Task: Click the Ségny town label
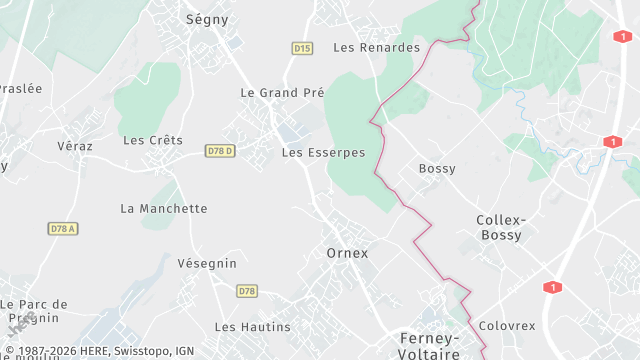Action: (208, 19)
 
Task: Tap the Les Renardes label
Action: (376, 47)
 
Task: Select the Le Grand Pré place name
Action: (282, 92)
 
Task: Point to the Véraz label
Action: (75, 146)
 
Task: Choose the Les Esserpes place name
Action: (323, 153)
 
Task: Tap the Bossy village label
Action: (437, 168)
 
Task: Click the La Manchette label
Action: (163, 209)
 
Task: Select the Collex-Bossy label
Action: (500, 227)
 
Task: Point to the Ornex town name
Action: (347, 253)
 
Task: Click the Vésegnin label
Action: (206, 263)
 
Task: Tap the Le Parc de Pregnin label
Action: (34, 311)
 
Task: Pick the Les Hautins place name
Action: (252, 327)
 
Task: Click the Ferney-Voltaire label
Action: (428, 345)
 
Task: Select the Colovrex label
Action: (507, 326)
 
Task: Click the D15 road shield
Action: (302, 48)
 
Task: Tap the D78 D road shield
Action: (220, 151)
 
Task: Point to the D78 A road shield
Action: (62, 229)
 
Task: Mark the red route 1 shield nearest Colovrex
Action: (551, 288)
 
